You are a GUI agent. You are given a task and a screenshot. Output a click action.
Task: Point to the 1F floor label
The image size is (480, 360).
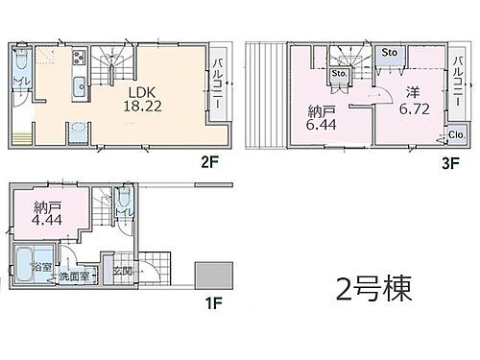[x=217, y=310]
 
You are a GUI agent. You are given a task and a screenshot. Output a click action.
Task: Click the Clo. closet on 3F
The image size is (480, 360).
[x=455, y=135]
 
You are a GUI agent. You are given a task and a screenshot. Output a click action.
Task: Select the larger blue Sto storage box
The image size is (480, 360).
[x=391, y=52]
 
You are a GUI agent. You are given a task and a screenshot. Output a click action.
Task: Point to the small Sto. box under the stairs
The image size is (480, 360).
[x=338, y=72]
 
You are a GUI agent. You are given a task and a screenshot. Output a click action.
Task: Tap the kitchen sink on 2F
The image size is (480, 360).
[x=79, y=84]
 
